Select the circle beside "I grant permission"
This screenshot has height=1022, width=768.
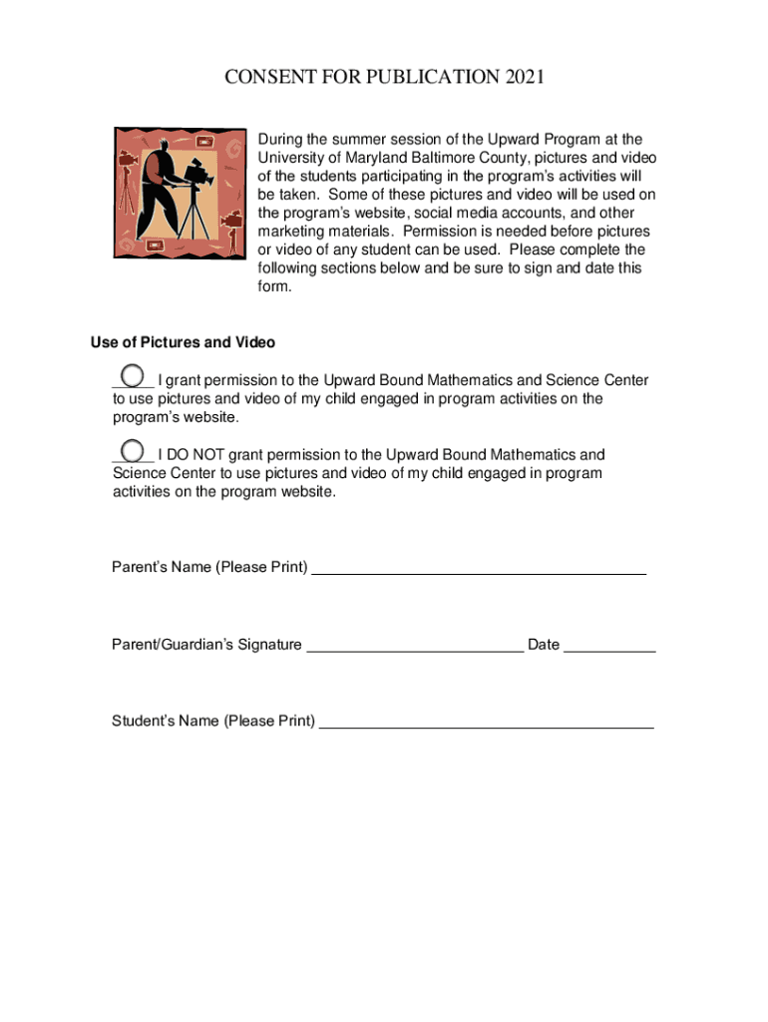click(132, 376)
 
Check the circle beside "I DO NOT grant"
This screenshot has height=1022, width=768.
click(132, 450)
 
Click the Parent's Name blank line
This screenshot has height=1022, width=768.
click(479, 572)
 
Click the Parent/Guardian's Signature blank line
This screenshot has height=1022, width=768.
click(415, 649)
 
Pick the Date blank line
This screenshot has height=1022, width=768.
click(609, 649)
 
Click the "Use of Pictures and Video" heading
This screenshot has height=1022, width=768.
click(183, 342)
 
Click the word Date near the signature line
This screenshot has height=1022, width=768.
click(544, 645)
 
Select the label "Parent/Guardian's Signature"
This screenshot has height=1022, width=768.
click(206, 645)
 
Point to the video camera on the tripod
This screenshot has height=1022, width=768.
click(199, 172)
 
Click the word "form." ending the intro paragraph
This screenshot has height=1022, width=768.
click(275, 286)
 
